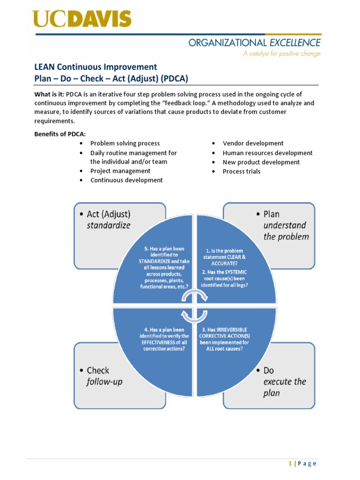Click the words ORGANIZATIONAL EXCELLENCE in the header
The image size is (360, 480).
click(255, 43)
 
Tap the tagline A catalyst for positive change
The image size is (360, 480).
click(281, 54)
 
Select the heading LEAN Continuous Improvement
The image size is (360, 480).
click(96, 67)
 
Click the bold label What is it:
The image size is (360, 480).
click(49, 94)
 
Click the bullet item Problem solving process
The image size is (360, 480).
click(125, 143)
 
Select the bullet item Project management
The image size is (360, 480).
click(120, 171)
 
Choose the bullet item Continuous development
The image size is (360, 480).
click(126, 180)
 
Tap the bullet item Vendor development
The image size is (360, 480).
click(253, 143)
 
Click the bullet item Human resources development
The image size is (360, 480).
click(267, 153)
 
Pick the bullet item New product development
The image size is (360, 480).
click(261, 162)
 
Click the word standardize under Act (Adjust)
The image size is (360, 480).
click(108, 225)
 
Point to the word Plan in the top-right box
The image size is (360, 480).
click(271, 214)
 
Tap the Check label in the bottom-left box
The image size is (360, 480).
click(98, 371)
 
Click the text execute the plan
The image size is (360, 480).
click(284, 387)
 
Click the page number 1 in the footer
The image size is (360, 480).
click(290, 464)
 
